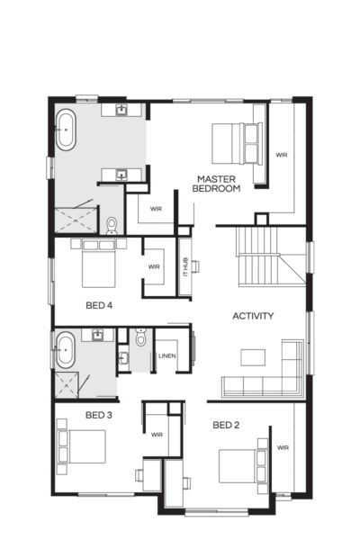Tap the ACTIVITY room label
click(x=253, y=316)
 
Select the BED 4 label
click(x=98, y=305)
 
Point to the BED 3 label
click(x=98, y=415)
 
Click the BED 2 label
click(x=225, y=424)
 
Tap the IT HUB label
click(x=185, y=265)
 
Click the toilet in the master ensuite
click(x=112, y=224)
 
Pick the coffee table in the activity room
click(x=253, y=356)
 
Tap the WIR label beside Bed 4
click(x=154, y=267)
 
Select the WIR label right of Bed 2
click(x=282, y=447)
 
